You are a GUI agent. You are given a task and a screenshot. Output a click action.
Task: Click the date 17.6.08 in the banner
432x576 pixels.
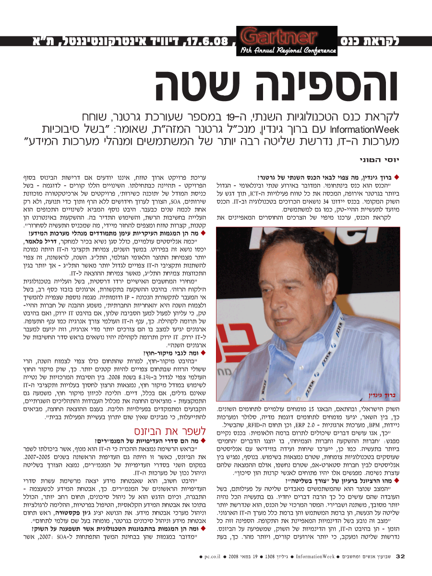tap(206, 41)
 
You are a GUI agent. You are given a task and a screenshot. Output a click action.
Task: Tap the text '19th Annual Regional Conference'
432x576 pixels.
tap(288, 50)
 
